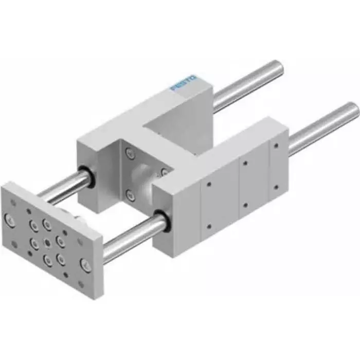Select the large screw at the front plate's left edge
point(10,220)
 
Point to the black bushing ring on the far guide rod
point(87,176)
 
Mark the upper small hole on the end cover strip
point(275,150)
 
